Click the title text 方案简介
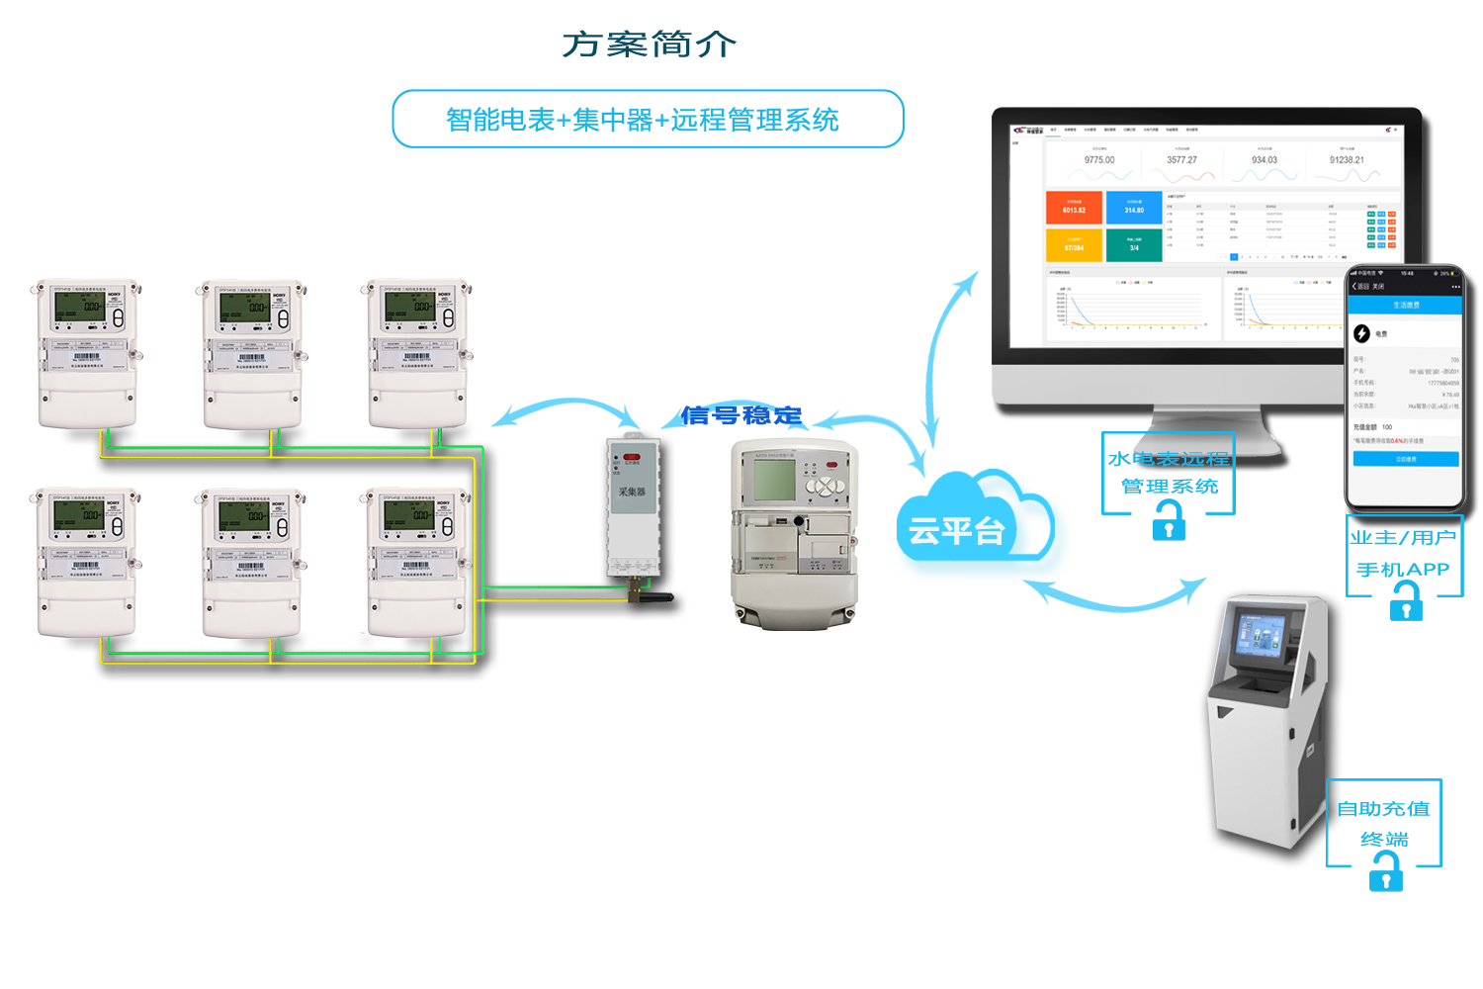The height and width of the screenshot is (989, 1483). (x=649, y=45)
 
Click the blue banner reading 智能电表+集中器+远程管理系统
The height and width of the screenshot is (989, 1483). (x=648, y=120)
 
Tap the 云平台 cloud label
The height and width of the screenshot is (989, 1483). (x=956, y=531)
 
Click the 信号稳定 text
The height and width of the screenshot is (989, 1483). (x=741, y=415)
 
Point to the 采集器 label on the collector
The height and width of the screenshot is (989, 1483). (x=632, y=492)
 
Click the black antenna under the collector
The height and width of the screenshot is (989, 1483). (x=652, y=596)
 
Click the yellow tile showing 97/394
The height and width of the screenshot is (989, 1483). (x=1074, y=244)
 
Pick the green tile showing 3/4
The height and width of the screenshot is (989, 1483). (x=1134, y=244)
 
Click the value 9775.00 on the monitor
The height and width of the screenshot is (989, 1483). (x=1098, y=160)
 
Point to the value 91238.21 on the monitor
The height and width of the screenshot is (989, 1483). (x=1347, y=160)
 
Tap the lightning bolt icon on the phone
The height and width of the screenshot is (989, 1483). (x=1361, y=333)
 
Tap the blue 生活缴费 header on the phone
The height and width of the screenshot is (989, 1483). (x=1406, y=306)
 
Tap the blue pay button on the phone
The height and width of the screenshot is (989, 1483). (x=1406, y=459)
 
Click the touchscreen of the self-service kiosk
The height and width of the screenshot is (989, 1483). (x=1262, y=636)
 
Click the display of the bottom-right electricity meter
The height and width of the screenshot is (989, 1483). (x=411, y=515)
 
